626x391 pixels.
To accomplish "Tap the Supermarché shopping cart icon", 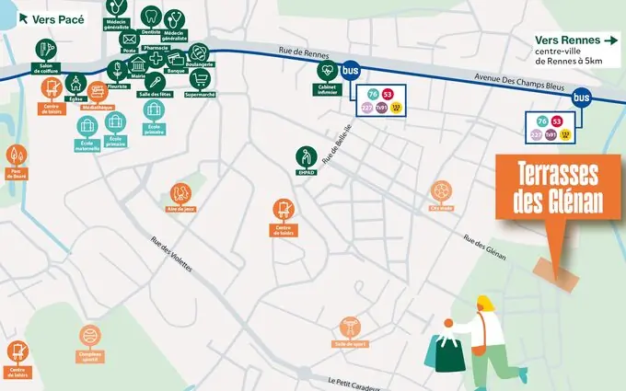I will pyautogui.click(x=202, y=77).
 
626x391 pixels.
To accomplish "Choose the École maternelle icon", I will pyautogui.click(x=87, y=125).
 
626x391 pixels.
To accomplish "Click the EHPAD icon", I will pyautogui.click(x=307, y=155).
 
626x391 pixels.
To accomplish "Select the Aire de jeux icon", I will pyautogui.click(x=182, y=194).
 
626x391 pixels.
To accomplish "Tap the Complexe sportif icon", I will pyautogui.click(x=88, y=336).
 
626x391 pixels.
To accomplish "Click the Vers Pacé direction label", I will pyautogui.click(x=48, y=17).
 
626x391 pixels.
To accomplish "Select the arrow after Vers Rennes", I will pyautogui.click(x=609, y=40).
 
